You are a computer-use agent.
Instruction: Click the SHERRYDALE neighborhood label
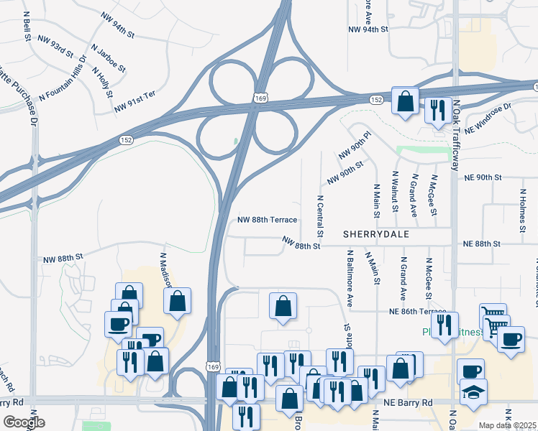click(x=375, y=234)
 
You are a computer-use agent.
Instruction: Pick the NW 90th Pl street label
click(x=355, y=146)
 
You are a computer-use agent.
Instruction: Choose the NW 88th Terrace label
click(x=267, y=221)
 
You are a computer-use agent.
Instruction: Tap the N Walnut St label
click(x=395, y=192)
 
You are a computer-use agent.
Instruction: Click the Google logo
click(x=24, y=422)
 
